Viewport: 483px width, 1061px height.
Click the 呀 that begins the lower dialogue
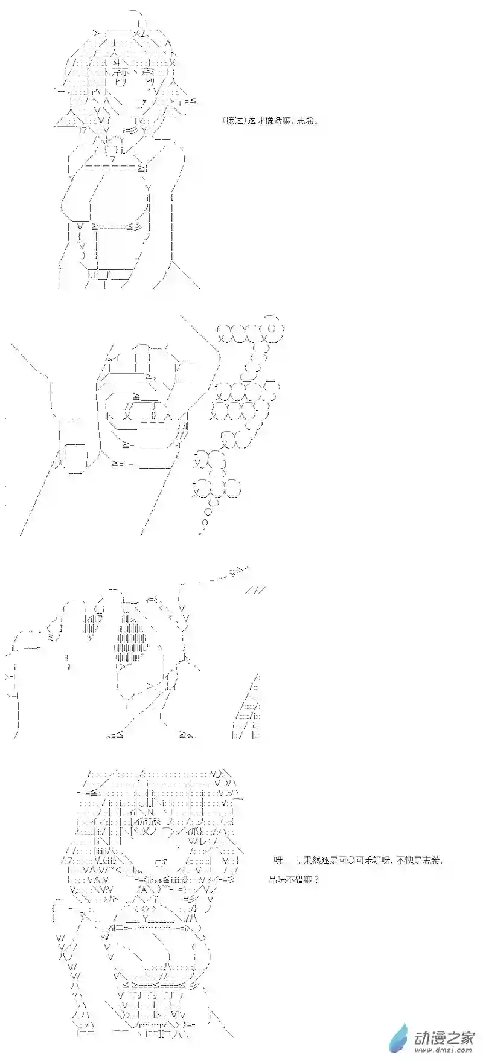[278, 861]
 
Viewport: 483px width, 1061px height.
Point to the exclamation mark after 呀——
[298, 861]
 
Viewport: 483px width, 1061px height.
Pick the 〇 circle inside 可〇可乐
[349, 861]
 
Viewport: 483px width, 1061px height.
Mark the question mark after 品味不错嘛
[316, 880]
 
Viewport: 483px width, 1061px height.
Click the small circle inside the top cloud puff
[272, 329]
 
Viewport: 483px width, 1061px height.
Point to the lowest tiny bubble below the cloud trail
[200, 533]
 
